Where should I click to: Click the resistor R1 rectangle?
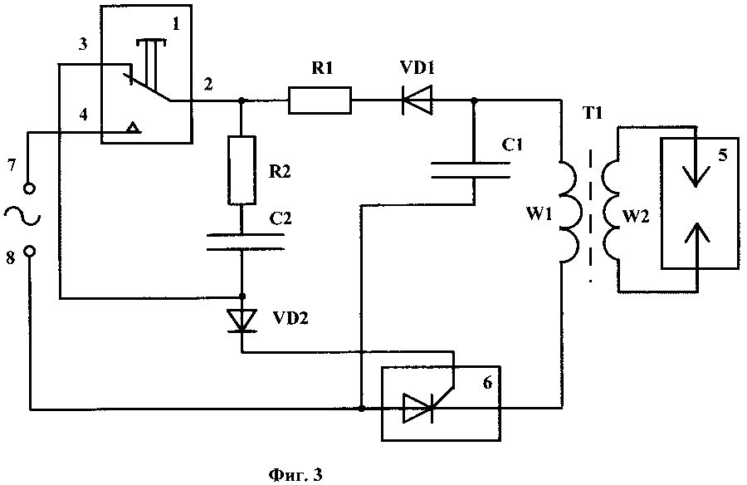pos(320,101)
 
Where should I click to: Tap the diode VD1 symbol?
pos(415,101)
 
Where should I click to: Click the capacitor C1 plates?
pos(474,170)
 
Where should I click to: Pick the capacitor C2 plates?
pos(242,242)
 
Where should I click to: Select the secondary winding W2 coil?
pos(613,208)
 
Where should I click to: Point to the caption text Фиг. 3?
pos(295,475)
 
